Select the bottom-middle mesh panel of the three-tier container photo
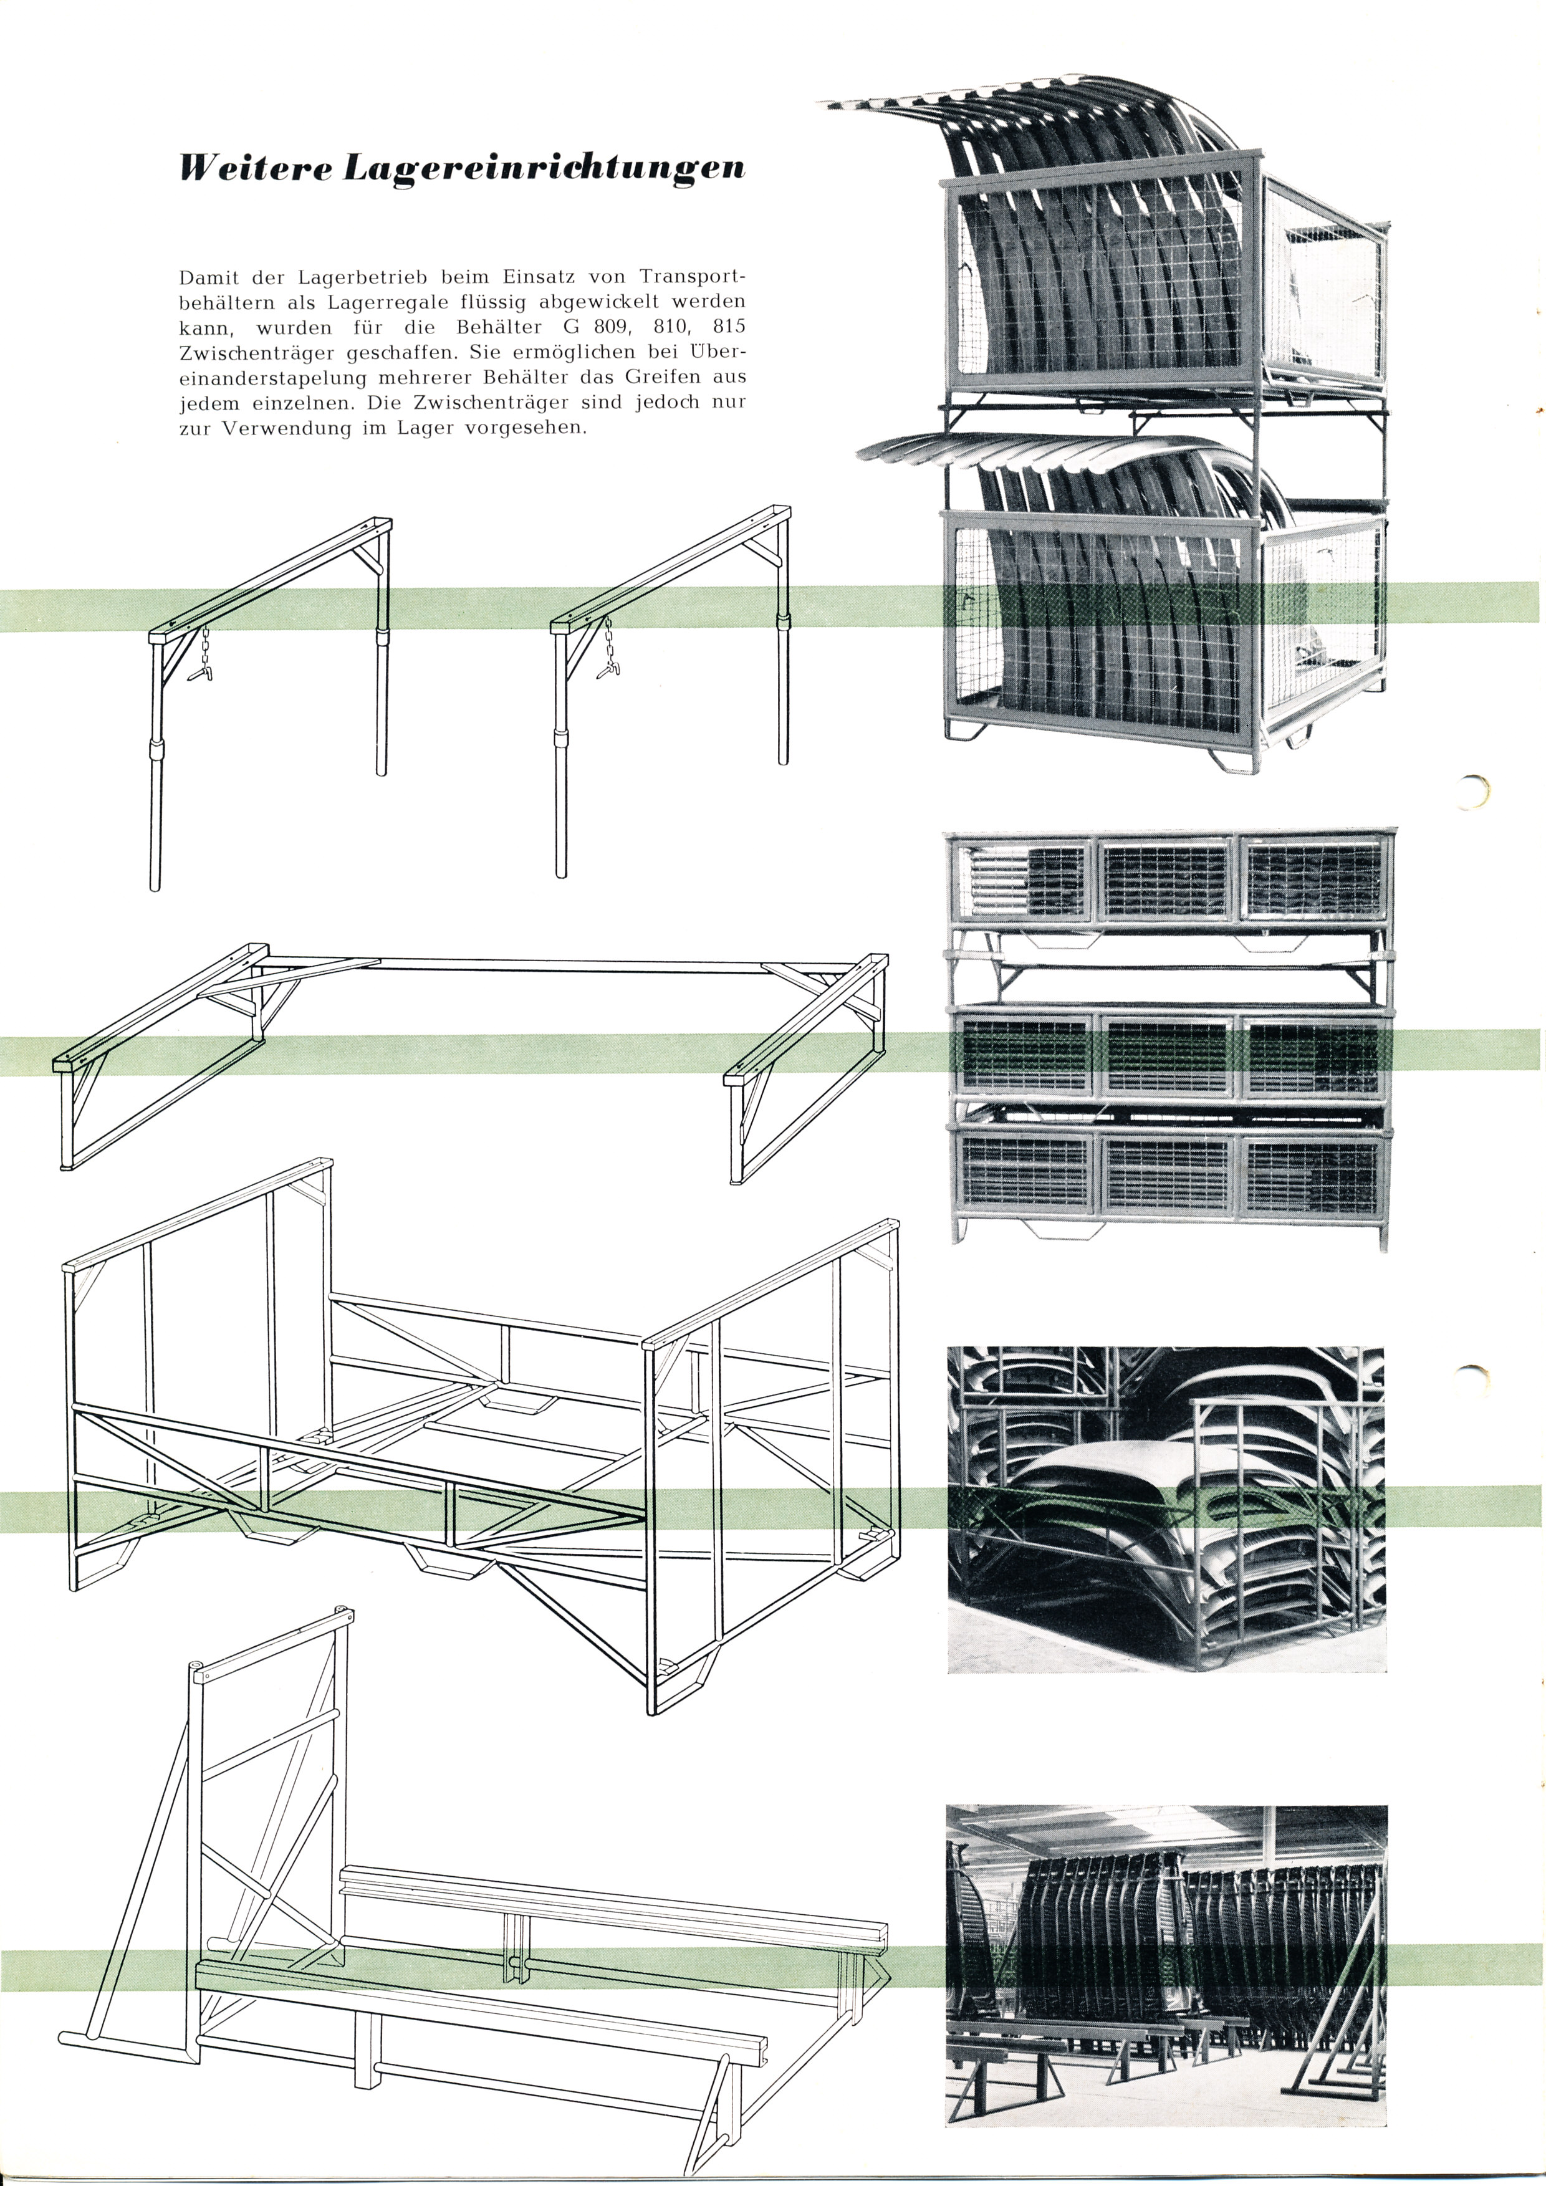click(x=1167, y=1176)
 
